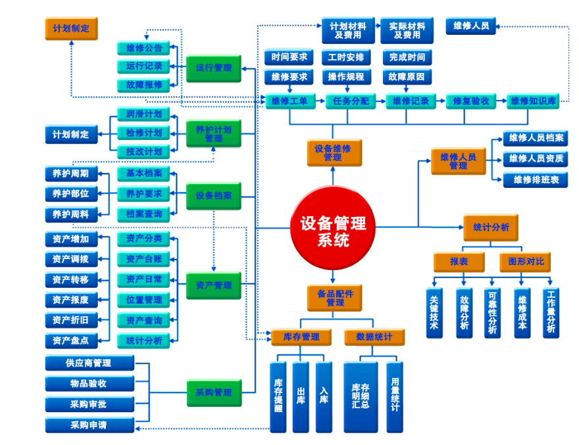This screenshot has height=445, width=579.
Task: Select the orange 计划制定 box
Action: tap(71, 29)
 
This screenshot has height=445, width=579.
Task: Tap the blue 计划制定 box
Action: tap(71, 134)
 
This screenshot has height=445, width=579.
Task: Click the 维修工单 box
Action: tap(290, 101)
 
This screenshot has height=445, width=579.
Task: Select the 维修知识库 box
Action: tap(534, 101)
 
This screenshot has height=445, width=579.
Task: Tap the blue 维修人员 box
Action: tap(471, 26)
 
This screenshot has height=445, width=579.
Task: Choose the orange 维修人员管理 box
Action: tap(458, 161)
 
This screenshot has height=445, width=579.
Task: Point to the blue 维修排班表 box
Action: tap(536, 179)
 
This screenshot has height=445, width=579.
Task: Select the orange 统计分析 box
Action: tap(491, 227)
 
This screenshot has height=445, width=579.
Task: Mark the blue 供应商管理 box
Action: tap(89, 363)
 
